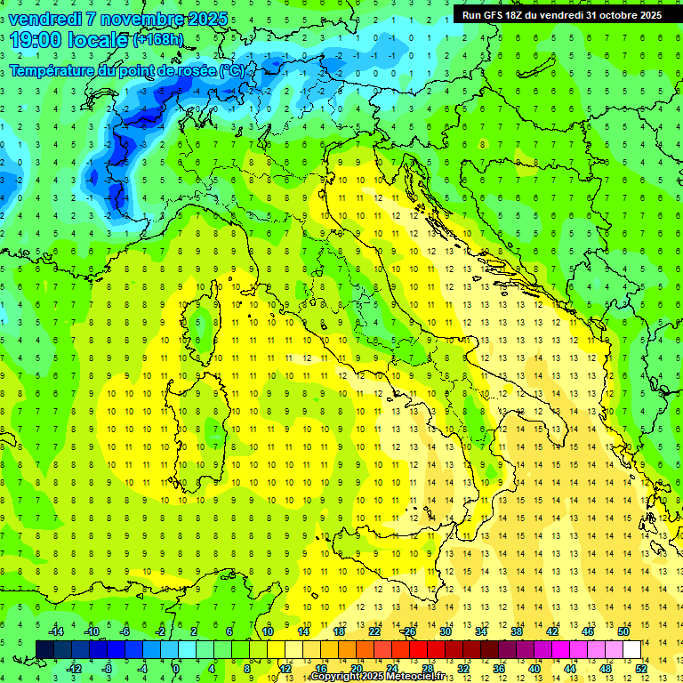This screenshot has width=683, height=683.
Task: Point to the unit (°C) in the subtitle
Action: tap(231, 70)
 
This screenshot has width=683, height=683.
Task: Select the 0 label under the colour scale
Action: tap(176, 668)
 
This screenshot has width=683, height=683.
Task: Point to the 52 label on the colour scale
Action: tap(640, 668)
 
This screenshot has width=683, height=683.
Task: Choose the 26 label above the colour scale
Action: tap(409, 631)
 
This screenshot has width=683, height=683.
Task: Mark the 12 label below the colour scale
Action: tap(285, 668)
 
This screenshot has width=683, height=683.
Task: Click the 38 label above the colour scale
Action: tap(517, 631)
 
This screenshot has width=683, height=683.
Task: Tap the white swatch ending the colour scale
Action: tap(631, 649)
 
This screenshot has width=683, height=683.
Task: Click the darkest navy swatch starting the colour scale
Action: tap(44, 649)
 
